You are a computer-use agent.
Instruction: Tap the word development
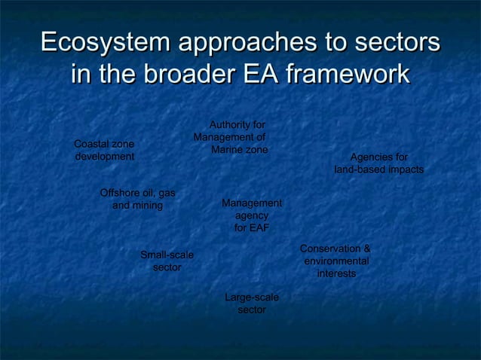coord(105,157)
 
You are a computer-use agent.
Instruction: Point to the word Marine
coord(228,150)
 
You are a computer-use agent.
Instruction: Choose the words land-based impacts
coord(379,170)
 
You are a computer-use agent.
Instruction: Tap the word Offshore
coord(120,194)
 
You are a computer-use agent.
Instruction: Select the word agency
coord(251,215)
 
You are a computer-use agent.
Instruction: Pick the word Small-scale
coord(167,255)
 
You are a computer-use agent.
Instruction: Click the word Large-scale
coord(252,297)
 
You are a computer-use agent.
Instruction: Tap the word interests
coord(336,273)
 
